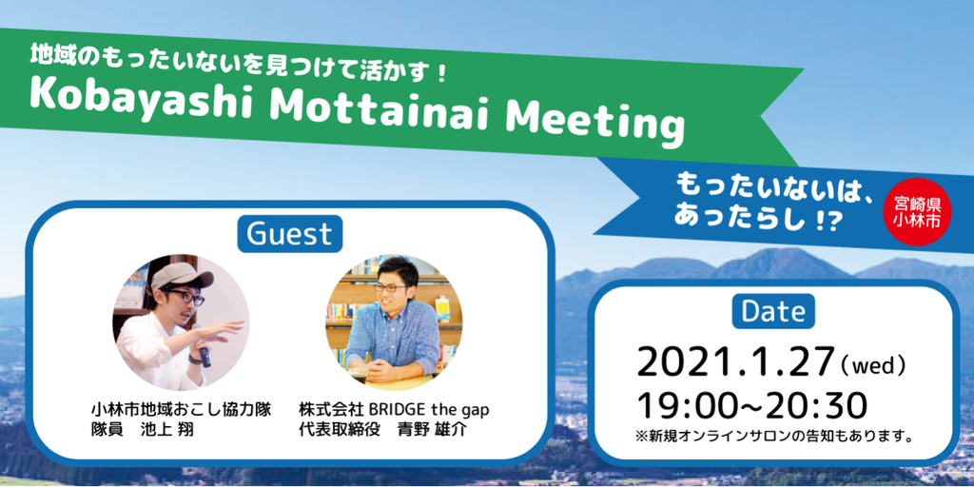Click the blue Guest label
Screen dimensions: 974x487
[x=289, y=234]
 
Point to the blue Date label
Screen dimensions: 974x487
[x=773, y=311]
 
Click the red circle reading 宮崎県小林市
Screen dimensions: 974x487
[x=917, y=211]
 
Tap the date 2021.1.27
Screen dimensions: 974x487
[x=735, y=362]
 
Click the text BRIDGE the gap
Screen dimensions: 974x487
[x=429, y=411]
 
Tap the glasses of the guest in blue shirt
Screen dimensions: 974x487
[x=389, y=287]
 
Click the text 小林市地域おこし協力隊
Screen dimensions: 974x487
[x=181, y=411]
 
